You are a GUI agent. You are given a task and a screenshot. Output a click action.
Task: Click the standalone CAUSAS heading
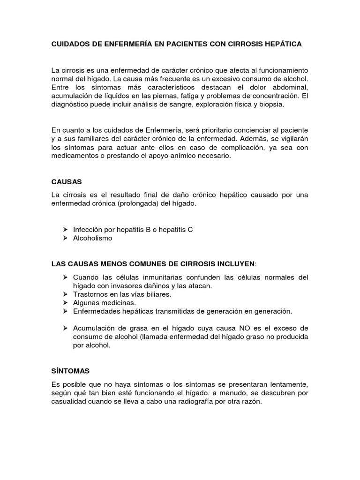(67, 180)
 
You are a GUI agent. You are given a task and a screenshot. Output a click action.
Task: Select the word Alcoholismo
(93, 238)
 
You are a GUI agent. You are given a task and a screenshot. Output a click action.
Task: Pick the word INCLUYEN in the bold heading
(234, 264)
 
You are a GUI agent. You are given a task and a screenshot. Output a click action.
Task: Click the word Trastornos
(91, 294)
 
